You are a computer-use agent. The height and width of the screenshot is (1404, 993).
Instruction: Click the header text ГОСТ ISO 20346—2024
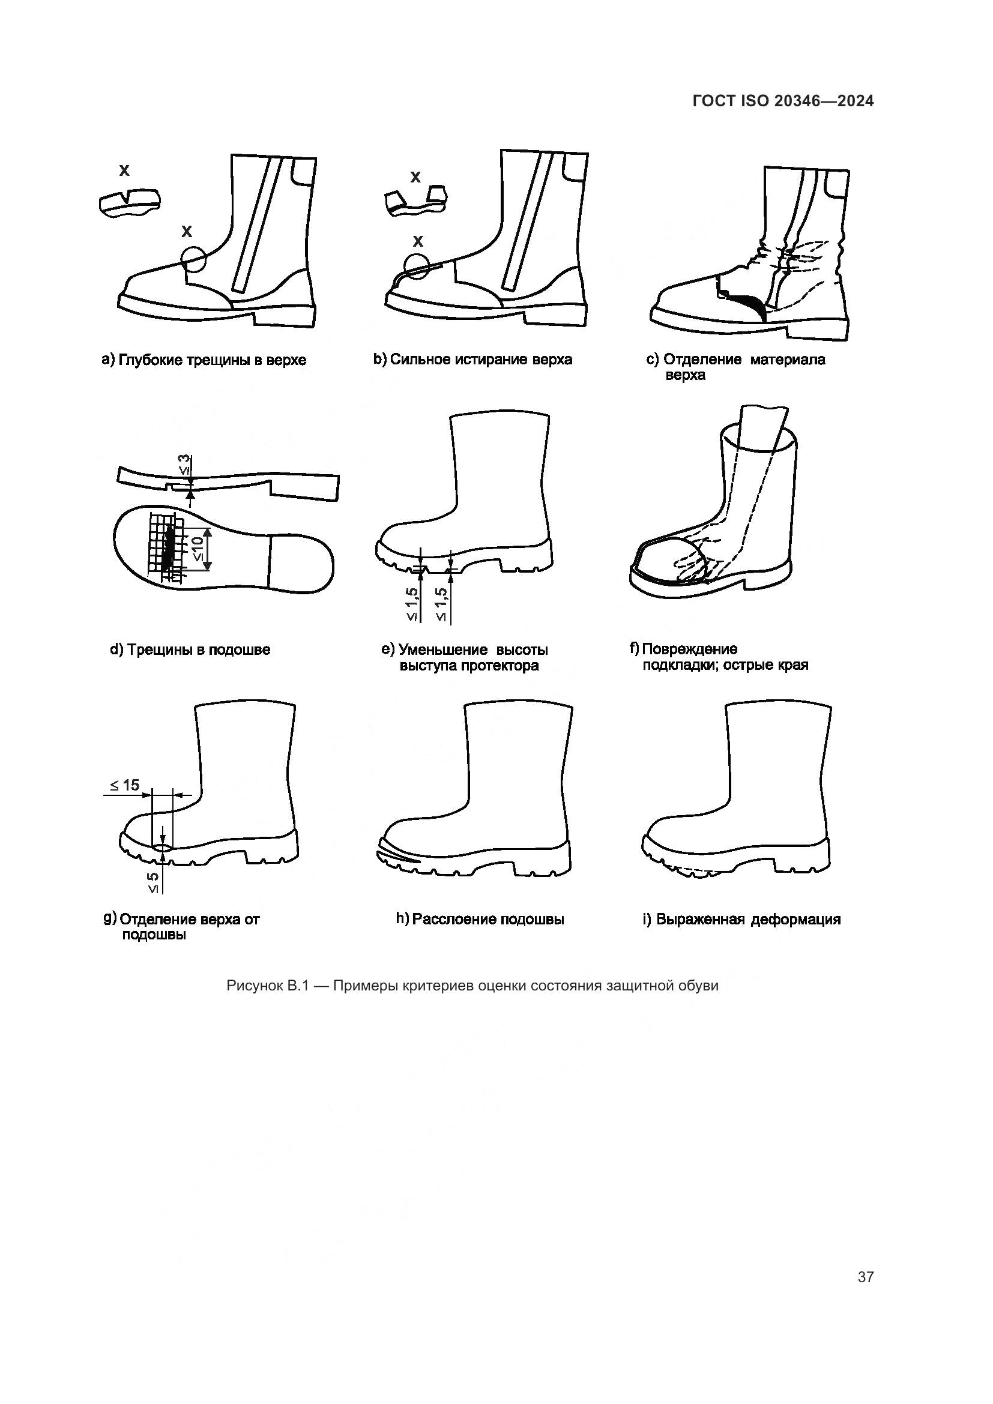point(783,101)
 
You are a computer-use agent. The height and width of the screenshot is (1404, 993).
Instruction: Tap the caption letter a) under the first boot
point(107,360)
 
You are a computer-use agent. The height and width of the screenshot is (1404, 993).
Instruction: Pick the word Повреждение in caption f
point(689,649)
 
